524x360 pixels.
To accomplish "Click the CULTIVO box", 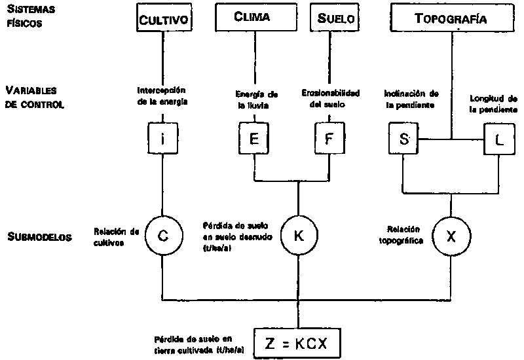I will [164, 18].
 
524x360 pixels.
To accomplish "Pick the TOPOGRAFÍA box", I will [451, 18].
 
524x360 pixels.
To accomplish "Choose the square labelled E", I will [253, 139].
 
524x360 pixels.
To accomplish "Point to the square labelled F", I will [329, 139].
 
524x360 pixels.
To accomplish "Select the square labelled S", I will [402, 139].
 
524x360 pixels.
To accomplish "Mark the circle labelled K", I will [299, 236].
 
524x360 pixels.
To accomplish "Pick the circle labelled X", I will [450, 236].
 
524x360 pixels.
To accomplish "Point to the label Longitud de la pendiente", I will [495, 104].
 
